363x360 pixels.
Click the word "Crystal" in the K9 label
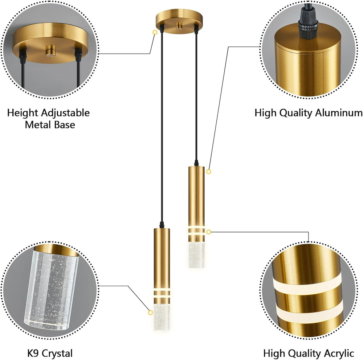pyautogui.click(x=57, y=353)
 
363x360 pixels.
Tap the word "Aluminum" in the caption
pyautogui.click(x=338, y=113)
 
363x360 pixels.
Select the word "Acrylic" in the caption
pyautogui.click(x=339, y=353)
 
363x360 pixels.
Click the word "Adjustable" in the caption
pyautogui.click(x=65, y=113)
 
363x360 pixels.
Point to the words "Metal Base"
pyautogui.click(x=50, y=125)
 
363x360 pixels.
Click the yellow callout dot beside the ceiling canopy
pyautogui.click(x=155, y=32)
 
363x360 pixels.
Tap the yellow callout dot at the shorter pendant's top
pyautogui.click(x=209, y=171)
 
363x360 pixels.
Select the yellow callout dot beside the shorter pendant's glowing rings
pyautogui.click(x=209, y=232)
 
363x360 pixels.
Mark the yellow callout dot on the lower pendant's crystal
pyautogui.click(x=150, y=313)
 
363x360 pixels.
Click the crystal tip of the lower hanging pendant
pyautogui.click(x=162, y=317)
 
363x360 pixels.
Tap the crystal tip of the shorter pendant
pyautogui.click(x=196, y=255)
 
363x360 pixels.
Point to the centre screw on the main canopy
pyautogui.click(x=179, y=26)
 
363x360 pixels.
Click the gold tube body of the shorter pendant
pyautogui.click(x=196, y=196)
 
